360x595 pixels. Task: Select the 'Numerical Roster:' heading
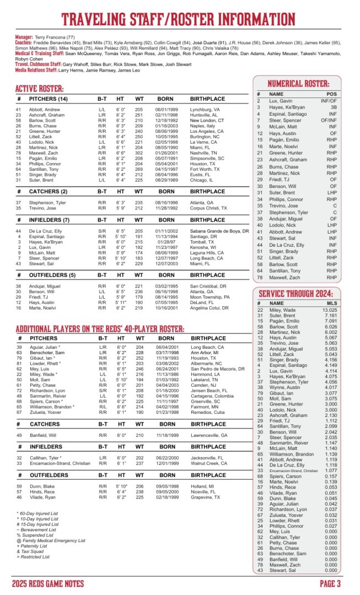click(298, 84)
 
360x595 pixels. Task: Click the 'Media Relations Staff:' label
click(35, 71)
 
